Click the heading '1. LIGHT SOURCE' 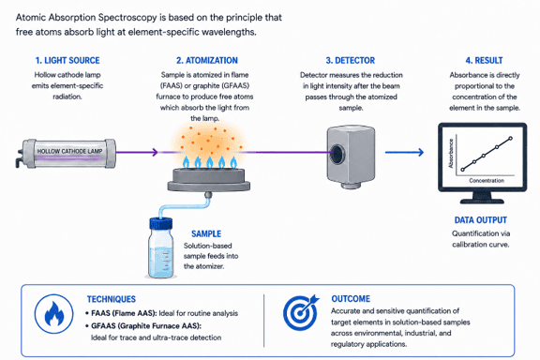(67, 60)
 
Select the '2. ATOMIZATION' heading (207, 60)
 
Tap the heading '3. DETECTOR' (351, 60)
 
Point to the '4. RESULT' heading (484, 60)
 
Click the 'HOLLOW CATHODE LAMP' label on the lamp (69, 151)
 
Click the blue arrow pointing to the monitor (404, 152)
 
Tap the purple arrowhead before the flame (155, 152)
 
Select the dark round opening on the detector (337, 153)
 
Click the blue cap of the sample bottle (161, 223)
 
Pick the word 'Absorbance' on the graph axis (450, 154)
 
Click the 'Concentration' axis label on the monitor (487, 181)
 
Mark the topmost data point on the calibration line (510, 139)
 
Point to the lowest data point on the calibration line (462, 170)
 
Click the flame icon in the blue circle (54, 313)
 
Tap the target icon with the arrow (300, 312)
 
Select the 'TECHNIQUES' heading (112, 299)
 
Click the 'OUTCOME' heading (351, 299)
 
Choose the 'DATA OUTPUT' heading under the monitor (480, 220)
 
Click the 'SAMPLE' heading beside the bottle (206, 234)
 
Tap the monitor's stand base (482, 201)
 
